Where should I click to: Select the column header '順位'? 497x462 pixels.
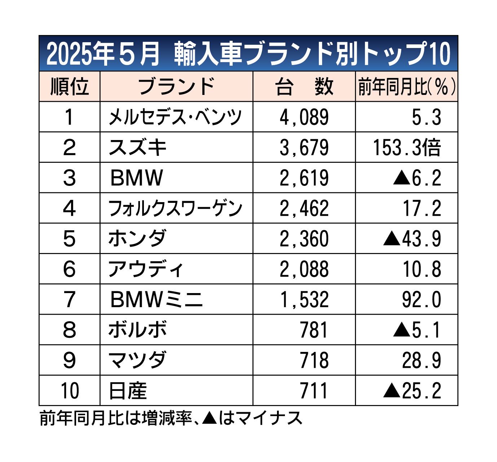tap(69, 87)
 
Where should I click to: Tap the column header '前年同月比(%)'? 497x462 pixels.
tap(406, 87)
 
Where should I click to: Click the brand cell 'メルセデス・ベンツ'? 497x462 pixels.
tap(175, 117)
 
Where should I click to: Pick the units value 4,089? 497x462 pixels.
tap(304, 117)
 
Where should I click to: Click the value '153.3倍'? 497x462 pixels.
tap(406, 147)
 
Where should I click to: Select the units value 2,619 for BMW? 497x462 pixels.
tap(304, 178)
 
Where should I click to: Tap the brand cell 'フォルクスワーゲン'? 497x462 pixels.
tap(175, 208)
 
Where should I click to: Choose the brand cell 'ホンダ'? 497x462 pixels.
tap(137, 239)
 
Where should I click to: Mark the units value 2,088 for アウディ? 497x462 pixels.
tap(304, 269)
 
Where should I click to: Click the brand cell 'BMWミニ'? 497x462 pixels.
tap(157, 299)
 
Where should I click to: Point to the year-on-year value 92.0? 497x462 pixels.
tap(422, 299)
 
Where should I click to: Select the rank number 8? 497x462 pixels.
tap(69, 330)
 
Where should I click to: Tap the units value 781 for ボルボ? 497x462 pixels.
tap(314, 330)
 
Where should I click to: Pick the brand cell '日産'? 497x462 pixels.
tap(128, 391)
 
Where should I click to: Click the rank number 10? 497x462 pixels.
tap(69, 391)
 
